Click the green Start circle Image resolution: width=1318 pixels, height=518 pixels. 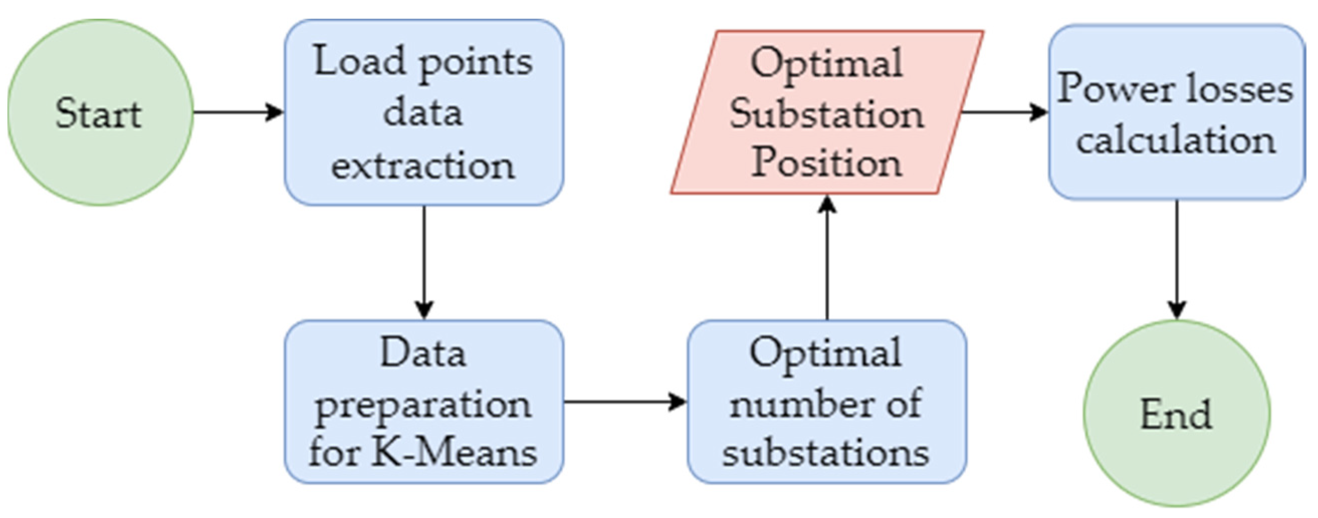pyautogui.click(x=100, y=113)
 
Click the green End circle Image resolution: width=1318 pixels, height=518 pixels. pyautogui.click(x=1176, y=413)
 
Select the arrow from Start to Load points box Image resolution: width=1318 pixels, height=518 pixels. pyautogui.click(x=238, y=112)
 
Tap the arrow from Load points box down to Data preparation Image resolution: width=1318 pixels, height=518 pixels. pyautogui.click(x=424, y=261)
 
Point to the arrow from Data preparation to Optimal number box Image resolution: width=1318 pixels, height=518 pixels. pyautogui.click(x=624, y=402)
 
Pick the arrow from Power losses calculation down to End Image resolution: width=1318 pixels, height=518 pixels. pyautogui.click(x=1177, y=258)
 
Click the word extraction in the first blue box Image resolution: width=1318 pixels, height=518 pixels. pyautogui.click(x=423, y=166)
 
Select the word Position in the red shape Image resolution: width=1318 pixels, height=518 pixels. pyautogui.click(x=826, y=164)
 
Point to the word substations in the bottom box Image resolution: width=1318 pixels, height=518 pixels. pyautogui.click(x=825, y=453)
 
